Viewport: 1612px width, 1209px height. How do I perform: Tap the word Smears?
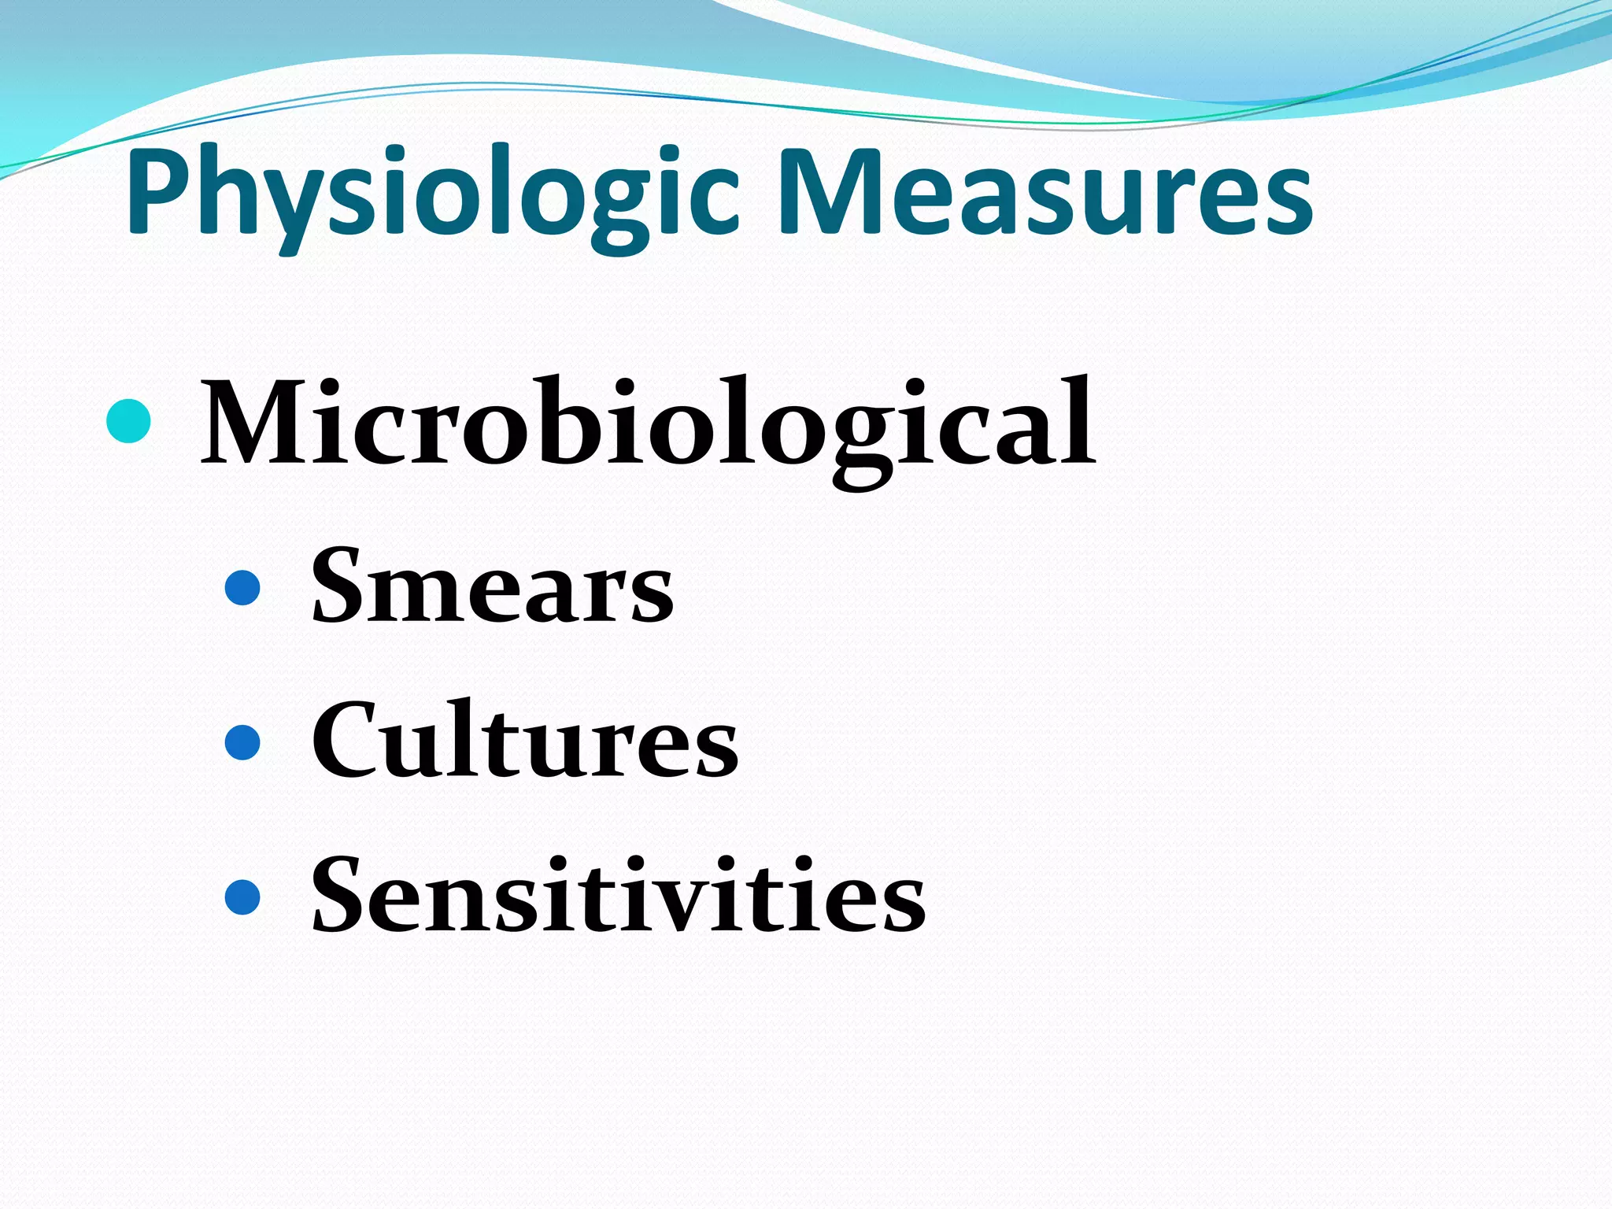point(493,586)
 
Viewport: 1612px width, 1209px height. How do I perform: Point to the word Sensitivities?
point(619,897)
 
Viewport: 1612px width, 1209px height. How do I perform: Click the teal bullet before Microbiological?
point(128,420)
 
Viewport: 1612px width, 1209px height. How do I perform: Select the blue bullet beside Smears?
point(242,587)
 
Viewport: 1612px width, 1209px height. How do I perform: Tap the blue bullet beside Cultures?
point(242,742)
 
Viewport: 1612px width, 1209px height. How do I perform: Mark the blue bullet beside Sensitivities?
point(242,897)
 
